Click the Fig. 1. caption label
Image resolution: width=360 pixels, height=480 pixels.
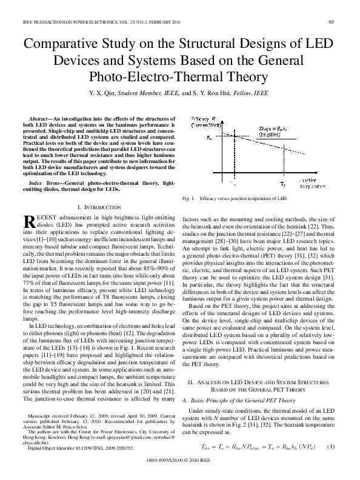click(188, 199)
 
